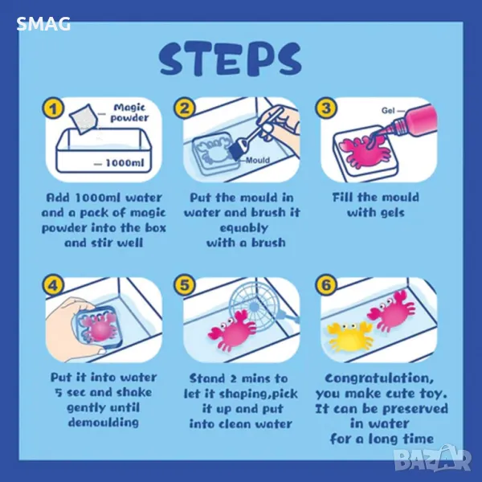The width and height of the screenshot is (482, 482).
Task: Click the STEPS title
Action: pos(231,59)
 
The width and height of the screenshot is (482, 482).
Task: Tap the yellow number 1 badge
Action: pos(53,108)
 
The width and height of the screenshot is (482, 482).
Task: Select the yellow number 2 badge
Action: pos(184,108)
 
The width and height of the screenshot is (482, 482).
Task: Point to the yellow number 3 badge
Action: pos(326,108)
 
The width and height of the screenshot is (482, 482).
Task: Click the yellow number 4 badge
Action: pos(53,285)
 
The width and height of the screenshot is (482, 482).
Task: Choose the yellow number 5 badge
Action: pos(184,284)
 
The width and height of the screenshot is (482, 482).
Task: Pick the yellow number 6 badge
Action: pos(326,284)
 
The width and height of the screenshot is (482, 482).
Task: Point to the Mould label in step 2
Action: pos(258,160)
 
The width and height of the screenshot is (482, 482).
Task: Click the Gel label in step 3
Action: pos(388,110)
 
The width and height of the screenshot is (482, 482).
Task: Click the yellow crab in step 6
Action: pos(349,337)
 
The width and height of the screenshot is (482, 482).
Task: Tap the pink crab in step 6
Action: pos(391,311)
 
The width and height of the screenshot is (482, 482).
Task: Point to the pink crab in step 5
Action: pos(232,331)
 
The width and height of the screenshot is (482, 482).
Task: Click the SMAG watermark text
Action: pos(43,24)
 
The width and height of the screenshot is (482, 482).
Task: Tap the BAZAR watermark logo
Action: pos(433,460)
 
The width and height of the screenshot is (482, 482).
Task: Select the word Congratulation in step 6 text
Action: pos(379,378)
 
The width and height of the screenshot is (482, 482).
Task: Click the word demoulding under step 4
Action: pos(104,423)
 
